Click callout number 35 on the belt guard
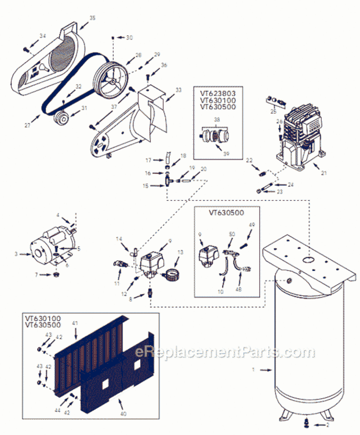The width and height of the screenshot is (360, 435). click(x=92, y=18)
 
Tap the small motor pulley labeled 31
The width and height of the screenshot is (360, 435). click(x=61, y=120)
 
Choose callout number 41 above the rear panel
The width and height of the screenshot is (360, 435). click(x=75, y=322)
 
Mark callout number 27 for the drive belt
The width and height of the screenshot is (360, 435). click(x=28, y=125)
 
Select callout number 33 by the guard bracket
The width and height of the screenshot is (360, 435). click(x=178, y=90)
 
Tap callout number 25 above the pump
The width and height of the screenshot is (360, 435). click(x=274, y=111)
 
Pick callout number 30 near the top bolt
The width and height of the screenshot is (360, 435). click(x=129, y=37)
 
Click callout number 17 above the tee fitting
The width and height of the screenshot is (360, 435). click(x=148, y=160)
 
